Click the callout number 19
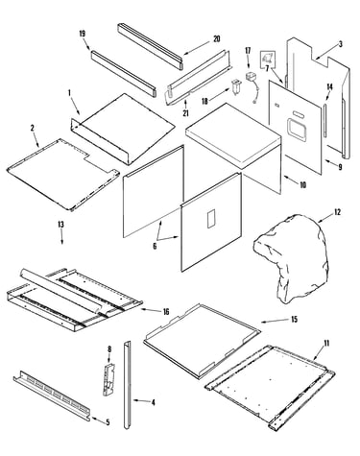click(x=83, y=34)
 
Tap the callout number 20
click(x=217, y=38)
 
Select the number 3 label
click(x=340, y=44)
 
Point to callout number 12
click(x=337, y=212)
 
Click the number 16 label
click(x=166, y=311)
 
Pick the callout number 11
click(x=326, y=344)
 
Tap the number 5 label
click(x=108, y=422)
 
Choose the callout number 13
click(x=60, y=225)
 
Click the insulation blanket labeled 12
click(x=291, y=258)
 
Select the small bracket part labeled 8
click(x=108, y=378)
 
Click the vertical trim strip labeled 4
click(x=127, y=385)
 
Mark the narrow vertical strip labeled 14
click(x=324, y=119)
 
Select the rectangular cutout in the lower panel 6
click(x=211, y=219)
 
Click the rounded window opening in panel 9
click(x=298, y=130)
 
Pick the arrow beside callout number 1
click(x=74, y=105)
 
